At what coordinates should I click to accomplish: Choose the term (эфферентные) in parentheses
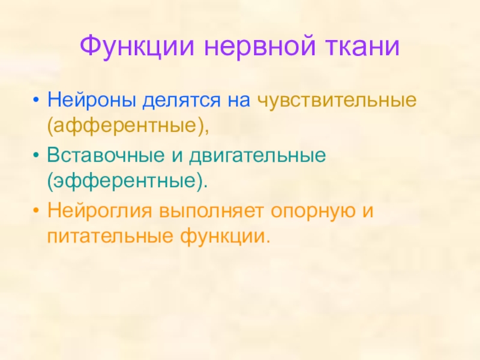pyautogui.click(x=128, y=181)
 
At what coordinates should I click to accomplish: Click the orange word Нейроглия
pyautogui.click(x=100, y=211)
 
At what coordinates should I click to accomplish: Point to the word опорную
pyautogui.click(x=314, y=211)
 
